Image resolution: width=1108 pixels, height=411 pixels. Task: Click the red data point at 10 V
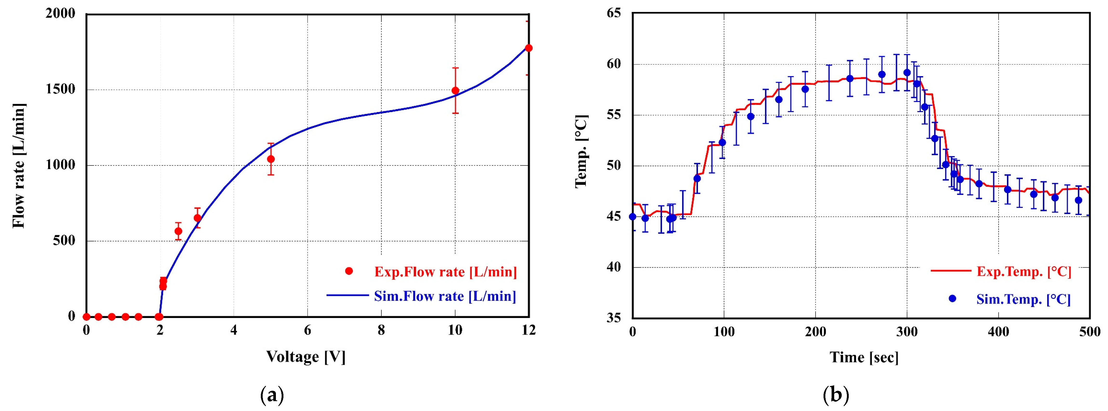pos(455,91)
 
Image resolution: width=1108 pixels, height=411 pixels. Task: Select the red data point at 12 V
pos(529,48)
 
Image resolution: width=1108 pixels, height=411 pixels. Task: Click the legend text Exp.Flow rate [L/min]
pos(445,272)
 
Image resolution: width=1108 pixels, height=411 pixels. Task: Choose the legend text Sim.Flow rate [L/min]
pos(445,296)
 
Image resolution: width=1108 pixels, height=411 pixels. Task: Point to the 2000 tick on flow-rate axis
pos(60,14)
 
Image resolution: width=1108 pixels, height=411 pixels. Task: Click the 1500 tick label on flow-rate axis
pos(60,89)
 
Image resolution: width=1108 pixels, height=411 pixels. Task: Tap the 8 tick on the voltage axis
pos(381,330)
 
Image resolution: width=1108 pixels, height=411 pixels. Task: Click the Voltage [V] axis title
pos(306,356)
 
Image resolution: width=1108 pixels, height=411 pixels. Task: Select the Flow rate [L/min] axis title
pos(19,165)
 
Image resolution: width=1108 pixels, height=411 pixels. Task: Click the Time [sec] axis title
pos(864,357)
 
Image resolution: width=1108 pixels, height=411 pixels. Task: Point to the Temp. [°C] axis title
pos(581,151)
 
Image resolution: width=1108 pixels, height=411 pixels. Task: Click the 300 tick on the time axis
pos(907,332)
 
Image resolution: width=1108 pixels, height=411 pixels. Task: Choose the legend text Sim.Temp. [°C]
pos(1023,299)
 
